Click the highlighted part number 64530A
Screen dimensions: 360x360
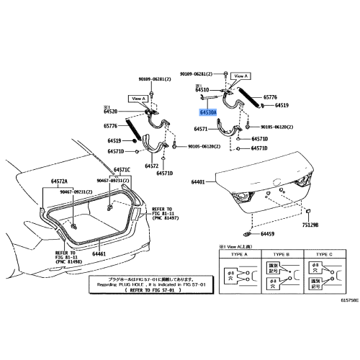pyautogui.click(x=210, y=113)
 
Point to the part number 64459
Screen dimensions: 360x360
pyautogui.click(x=268, y=234)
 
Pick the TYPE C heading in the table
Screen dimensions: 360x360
pyautogui.click(x=323, y=254)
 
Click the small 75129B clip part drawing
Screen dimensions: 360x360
pyautogui.click(x=308, y=212)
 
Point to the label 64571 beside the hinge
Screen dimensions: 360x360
pyautogui.click(x=202, y=130)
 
